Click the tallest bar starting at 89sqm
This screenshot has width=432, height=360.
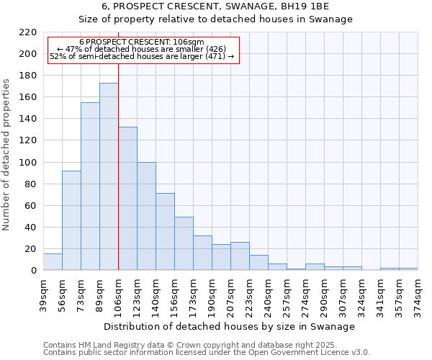(x=109, y=176)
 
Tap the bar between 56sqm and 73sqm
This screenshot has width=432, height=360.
(x=71, y=220)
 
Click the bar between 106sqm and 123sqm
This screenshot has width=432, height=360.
(x=127, y=199)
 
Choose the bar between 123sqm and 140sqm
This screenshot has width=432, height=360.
(x=146, y=216)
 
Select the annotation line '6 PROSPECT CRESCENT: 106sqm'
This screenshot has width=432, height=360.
(x=142, y=42)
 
